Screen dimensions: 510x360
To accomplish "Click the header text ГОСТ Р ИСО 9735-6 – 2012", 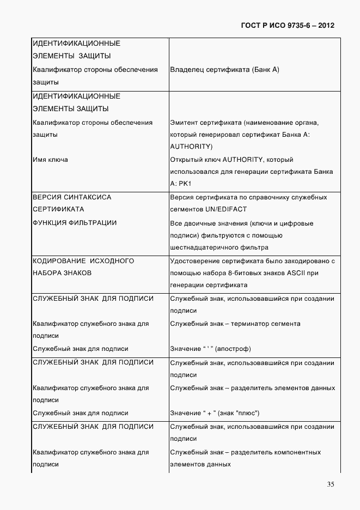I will pyautogui.click(x=287, y=26).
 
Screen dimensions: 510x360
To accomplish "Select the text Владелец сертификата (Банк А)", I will pyautogui.click(x=224, y=70).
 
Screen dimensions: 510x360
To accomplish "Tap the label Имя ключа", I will pyautogui.click(x=50, y=160).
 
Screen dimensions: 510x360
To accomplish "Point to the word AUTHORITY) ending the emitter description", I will pyautogui.click(x=191, y=147).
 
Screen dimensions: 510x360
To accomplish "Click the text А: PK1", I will pyautogui.click(x=180, y=184).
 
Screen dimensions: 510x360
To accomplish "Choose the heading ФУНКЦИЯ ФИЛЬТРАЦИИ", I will pyautogui.click(x=75, y=223).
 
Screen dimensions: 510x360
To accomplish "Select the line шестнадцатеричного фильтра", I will pyautogui.click(x=216, y=248).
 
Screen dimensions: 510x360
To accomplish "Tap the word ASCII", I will pyautogui.click(x=298, y=273).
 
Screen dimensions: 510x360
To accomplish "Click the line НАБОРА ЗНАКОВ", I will pyautogui.click(x=62, y=273).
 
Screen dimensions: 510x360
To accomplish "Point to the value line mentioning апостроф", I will pyautogui.click(x=210, y=349).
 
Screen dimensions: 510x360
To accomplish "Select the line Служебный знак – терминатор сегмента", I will pyautogui.click(x=235, y=324).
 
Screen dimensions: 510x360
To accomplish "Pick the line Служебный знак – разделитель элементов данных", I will pyautogui.click(x=252, y=388).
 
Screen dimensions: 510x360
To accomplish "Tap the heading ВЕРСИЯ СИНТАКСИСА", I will pyautogui.click(x=72, y=197).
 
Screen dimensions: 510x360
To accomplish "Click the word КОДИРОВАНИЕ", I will pyautogui.click(x=59, y=261).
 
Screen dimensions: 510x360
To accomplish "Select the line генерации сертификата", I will pyautogui.click(x=209, y=285).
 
